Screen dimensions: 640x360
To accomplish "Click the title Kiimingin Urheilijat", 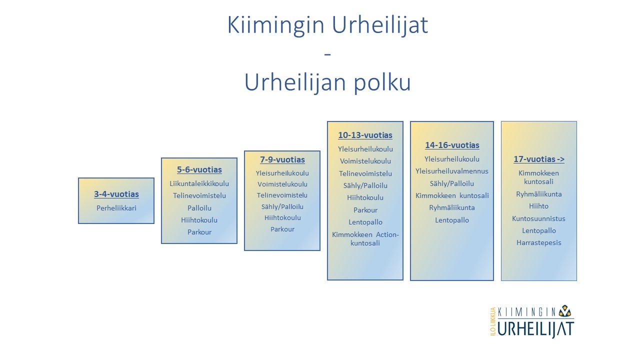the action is pos(327,25).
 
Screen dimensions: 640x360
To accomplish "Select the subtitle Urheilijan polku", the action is pos(327,83).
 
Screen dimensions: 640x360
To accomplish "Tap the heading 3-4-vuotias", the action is pos(116,194).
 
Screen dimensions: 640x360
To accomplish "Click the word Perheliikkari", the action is pos(116,208).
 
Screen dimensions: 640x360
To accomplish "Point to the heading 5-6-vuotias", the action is pos(199,169).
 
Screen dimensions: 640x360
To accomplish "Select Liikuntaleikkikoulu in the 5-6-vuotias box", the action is pos(199,183).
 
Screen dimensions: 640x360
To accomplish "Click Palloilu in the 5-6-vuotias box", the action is pos(199,208).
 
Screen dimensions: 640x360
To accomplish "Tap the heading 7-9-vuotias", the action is pos(282,159).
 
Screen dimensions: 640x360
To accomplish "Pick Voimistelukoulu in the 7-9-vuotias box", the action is pos(282,184).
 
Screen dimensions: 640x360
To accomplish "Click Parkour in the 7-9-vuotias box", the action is pos(282,229).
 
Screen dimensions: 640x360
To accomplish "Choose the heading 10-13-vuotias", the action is pos(365,135).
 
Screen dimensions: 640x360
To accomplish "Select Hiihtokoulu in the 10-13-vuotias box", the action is pos(365,197).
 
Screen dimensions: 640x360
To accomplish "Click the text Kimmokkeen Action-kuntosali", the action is pos(365,239).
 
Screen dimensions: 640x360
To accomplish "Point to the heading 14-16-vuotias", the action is pos(452,145).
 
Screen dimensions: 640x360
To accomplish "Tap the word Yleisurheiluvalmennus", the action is pos(452,171).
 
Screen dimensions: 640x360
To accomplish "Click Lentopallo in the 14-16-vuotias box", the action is pos(452,220).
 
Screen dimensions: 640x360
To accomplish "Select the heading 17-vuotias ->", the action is pos(539,159).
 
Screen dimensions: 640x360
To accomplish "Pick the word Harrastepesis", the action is pos(539,243).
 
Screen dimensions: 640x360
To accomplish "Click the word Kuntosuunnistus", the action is pos(539,218).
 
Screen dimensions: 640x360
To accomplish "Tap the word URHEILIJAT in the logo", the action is pos(535,329).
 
